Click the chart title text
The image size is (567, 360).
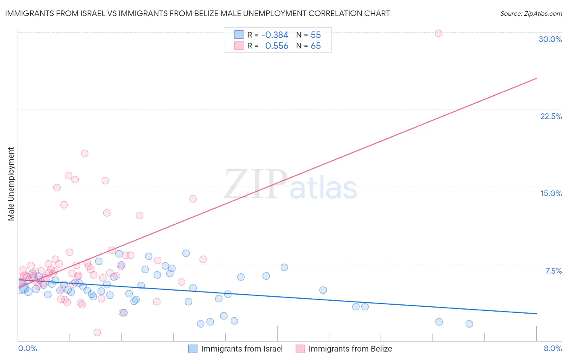pos(198,13)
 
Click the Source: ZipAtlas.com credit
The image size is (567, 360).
pos(531,14)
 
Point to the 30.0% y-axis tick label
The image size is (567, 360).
pos(550,39)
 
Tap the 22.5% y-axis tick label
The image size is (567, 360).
pos(551,116)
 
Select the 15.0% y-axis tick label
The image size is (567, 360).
pos(551,193)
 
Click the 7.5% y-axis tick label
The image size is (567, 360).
pos(553,271)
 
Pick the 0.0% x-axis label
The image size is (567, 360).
pos(27,348)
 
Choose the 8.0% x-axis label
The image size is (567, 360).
pos(552,348)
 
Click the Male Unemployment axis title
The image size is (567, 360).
pos(11,184)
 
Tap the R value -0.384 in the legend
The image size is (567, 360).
pos(275,35)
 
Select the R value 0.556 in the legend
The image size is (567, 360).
pos(277,46)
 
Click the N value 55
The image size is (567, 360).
pos(316,35)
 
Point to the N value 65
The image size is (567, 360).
pos(316,46)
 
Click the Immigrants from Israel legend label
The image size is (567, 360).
pos(242,349)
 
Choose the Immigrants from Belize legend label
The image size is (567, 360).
pos(350,349)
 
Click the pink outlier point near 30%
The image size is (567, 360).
pos(438,33)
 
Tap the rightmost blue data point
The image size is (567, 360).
pos(469,324)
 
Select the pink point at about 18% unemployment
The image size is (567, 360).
pos(85,153)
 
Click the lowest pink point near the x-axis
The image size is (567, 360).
pos(97,333)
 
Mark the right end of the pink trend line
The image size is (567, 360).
pos(536,78)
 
